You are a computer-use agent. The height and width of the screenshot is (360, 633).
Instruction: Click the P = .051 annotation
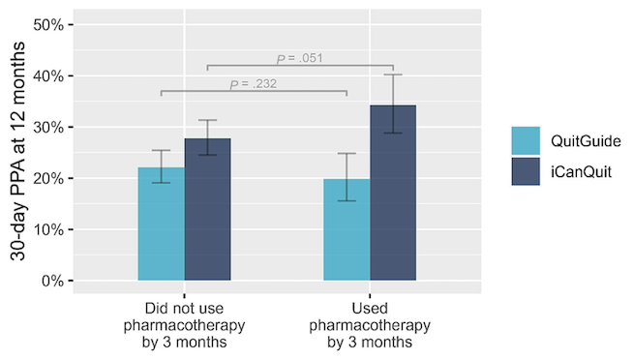pos(299,58)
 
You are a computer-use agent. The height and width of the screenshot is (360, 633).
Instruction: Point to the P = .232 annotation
pos(254,84)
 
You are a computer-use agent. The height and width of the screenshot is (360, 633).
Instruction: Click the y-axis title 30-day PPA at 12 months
pos(19,153)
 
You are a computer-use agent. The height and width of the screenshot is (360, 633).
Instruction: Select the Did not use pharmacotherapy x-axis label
pos(184,324)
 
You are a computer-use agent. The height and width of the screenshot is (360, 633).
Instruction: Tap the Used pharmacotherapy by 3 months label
pos(370,324)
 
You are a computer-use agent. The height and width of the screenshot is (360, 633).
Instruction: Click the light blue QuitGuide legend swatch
pos(528,141)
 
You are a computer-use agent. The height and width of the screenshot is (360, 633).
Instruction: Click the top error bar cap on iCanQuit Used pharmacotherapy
pos(393,75)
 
